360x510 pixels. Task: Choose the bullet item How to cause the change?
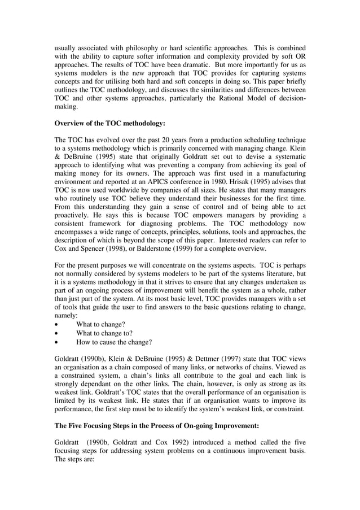point(114,342)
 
